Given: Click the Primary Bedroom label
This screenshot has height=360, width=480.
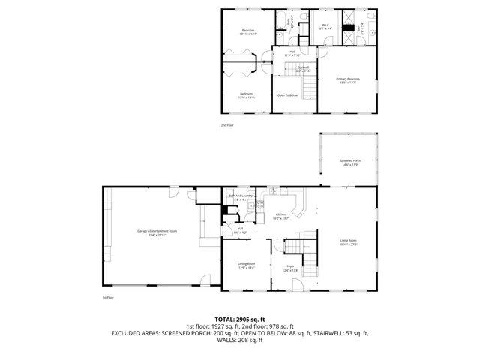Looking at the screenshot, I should [x=347, y=80].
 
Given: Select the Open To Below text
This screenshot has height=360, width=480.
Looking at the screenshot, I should [x=288, y=95].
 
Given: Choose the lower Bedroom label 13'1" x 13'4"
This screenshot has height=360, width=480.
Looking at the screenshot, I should [x=246, y=95].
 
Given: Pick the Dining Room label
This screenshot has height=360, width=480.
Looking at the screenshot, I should [x=247, y=265].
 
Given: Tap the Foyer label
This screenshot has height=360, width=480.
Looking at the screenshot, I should [x=289, y=267].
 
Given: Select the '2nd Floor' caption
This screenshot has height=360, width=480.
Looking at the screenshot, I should [x=227, y=124].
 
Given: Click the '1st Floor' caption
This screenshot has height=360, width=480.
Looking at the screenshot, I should [x=108, y=298].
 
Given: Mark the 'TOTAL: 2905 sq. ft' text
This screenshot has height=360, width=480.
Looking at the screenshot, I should [x=240, y=319].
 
